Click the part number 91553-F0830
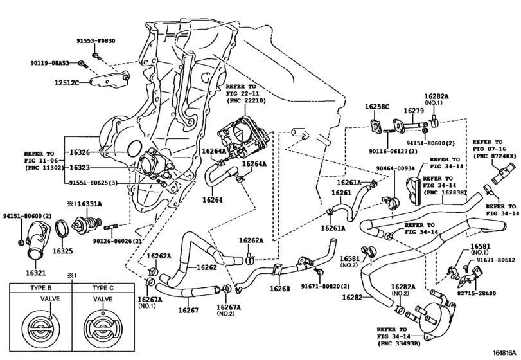(96, 41)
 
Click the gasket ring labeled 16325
(62, 229)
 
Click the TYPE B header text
(41, 288)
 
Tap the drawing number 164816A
(506, 352)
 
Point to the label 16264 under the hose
(213, 200)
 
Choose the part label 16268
(279, 289)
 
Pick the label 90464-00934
(394, 168)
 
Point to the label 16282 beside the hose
(352, 297)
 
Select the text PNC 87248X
(495, 156)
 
